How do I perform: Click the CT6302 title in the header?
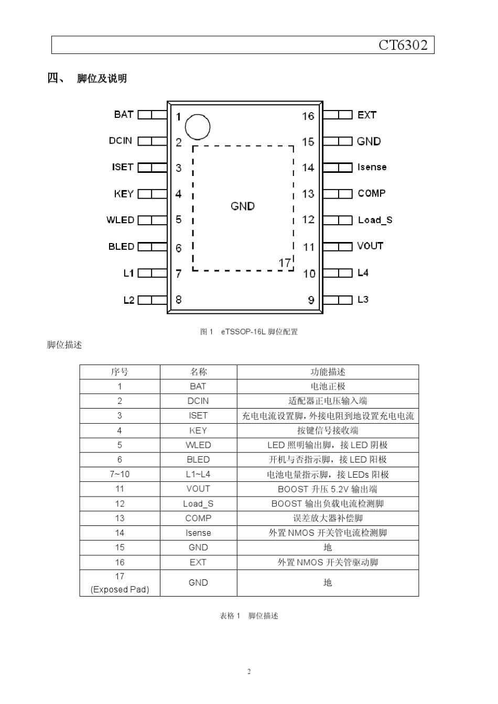(403, 45)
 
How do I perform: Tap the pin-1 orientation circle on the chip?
(198, 127)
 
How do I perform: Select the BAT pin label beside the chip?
(124, 114)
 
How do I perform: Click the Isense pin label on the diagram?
(372, 167)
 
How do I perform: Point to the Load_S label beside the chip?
(375, 220)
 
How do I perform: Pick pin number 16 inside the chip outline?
(308, 116)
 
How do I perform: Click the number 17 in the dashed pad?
(285, 262)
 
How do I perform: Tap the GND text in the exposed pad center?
(243, 206)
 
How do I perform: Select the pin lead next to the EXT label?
(338, 115)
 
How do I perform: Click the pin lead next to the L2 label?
(153, 300)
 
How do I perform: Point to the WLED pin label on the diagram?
(121, 220)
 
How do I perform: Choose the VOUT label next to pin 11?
(370, 246)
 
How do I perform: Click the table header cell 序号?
(120, 372)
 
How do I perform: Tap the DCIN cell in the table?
(198, 401)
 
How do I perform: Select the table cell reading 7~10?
(120, 474)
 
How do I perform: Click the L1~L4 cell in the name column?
(198, 474)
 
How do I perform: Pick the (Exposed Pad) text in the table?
(120, 589)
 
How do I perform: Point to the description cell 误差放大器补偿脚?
(328, 518)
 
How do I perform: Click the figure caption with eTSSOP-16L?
(249, 332)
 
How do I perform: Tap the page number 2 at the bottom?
(249, 672)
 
